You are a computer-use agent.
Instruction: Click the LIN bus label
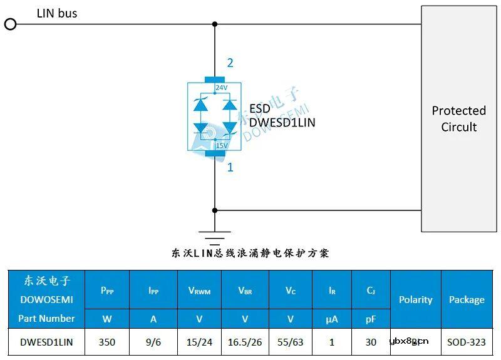(57, 13)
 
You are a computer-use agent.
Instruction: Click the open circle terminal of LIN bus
(10, 24)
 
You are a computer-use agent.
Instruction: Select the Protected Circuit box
(459, 118)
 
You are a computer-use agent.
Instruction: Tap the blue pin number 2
(230, 63)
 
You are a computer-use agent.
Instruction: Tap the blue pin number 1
(230, 167)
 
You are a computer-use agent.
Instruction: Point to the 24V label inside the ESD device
(221, 88)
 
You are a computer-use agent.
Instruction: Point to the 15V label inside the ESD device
(221, 145)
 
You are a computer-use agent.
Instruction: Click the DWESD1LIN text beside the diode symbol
(282, 123)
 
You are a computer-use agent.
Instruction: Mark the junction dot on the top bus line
(215, 24)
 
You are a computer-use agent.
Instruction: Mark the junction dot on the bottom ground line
(215, 210)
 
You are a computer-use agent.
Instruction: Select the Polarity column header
(416, 300)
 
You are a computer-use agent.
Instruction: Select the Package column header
(467, 300)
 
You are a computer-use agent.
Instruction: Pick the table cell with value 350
(106, 342)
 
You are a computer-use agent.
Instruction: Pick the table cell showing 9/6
(153, 342)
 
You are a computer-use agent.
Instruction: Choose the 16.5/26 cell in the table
(245, 342)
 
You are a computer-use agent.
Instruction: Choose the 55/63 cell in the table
(291, 342)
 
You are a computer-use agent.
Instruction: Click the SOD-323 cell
(467, 342)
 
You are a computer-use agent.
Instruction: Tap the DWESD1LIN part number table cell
(46, 342)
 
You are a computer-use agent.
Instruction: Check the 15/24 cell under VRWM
(199, 342)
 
